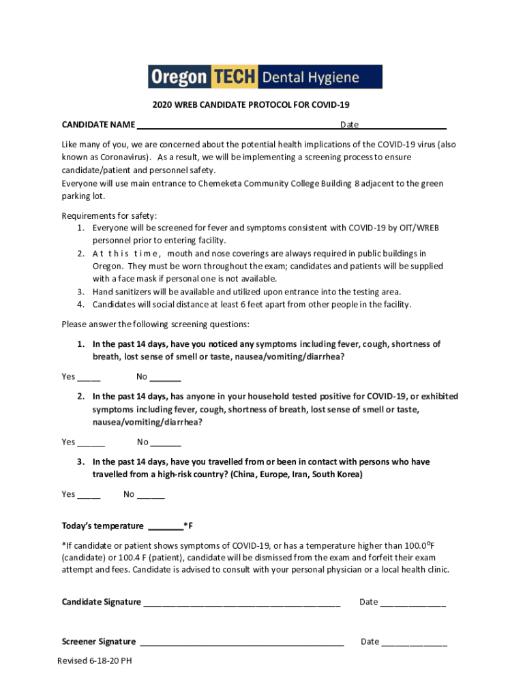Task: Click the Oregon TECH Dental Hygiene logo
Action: [x=265, y=77]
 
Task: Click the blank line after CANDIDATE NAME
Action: [x=237, y=126]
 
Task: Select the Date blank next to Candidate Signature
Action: [x=412, y=603]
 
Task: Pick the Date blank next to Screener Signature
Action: [x=414, y=643]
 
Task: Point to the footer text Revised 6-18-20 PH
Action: [x=95, y=661]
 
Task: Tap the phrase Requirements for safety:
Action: [x=109, y=215]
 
